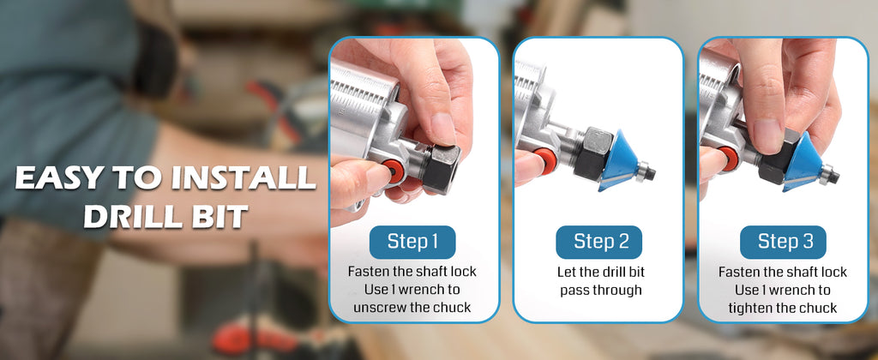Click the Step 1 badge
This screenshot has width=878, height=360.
(x=412, y=242)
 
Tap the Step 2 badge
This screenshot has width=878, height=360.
(x=598, y=242)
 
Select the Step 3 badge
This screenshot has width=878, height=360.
(x=783, y=242)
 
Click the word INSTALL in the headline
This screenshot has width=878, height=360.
(x=243, y=178)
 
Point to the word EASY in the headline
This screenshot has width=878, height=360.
(x=58, y=178)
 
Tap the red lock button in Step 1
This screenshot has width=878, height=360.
(x=394, y=171)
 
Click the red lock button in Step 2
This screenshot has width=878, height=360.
(x=544, y=161)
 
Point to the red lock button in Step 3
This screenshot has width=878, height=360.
(x=730, y=159)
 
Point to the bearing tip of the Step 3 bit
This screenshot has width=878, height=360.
(x=829, y=174)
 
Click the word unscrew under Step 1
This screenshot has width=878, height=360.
(x=376, y=308)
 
